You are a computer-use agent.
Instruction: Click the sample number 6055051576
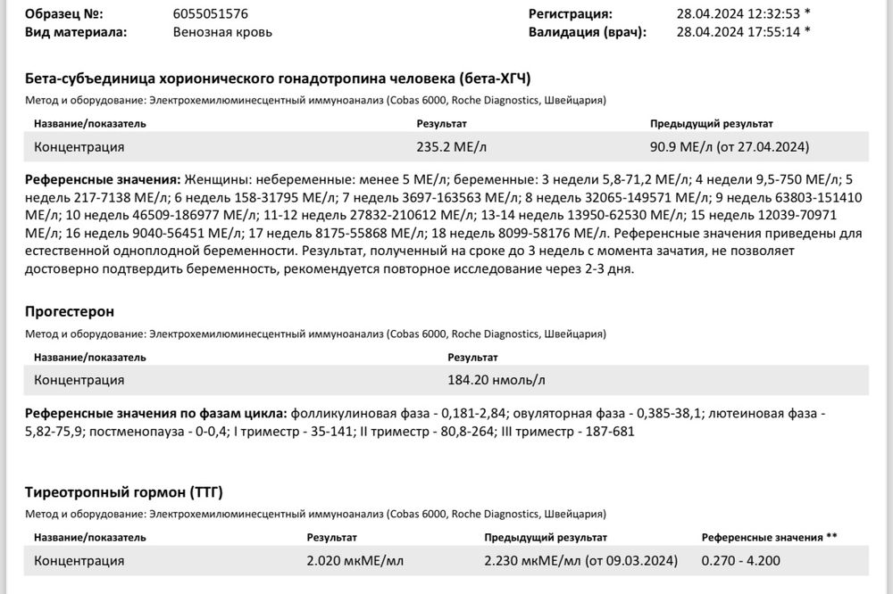pos(210,14)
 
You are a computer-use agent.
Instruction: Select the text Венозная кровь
pos(222,32)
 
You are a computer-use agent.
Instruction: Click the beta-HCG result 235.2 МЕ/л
pos(452,146)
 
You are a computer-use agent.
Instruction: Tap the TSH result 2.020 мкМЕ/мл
pos(355,561)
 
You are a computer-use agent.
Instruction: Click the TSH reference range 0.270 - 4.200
pos(742,561)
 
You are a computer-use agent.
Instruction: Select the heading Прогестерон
pos(70,311)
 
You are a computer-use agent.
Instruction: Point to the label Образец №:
pos(64,14)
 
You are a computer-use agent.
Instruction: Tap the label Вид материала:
pos(76,32)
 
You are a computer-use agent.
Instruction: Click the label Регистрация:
pos(570,14)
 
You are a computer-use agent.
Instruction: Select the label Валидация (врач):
pos(587,32)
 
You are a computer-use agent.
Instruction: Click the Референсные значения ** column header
pos(769,538)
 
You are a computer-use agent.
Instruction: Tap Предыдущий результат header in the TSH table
pos(546,538)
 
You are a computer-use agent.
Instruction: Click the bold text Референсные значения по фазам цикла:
pos(156,415)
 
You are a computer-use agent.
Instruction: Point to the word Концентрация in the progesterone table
pos(79,380)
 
